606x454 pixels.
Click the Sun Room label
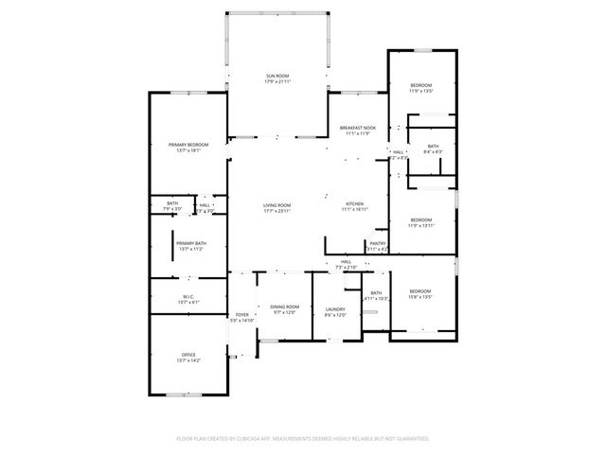click(x=277, y=75)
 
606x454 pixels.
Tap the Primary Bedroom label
click(x=188, y=144)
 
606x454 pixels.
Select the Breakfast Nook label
click(x=359, y=128)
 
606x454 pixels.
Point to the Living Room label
click(x=277, y=205)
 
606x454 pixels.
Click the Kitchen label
click(x=354, y=204)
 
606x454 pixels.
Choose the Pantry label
click(x=377, y=243)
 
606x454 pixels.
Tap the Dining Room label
click(x=285, y=306)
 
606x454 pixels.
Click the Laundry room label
click(x=334, y=308)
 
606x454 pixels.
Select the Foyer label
click(x=242, y=314)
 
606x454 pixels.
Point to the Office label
click(x=189, y=355)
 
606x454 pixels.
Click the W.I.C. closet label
click(x=188, y=297)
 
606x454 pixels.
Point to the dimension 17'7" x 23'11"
click(x=277, y=210)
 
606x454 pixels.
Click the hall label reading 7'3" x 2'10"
click(x=347, y=268)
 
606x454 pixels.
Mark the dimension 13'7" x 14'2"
click(x=189, y=360)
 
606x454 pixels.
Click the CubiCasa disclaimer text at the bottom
click(x=303, y=439)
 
